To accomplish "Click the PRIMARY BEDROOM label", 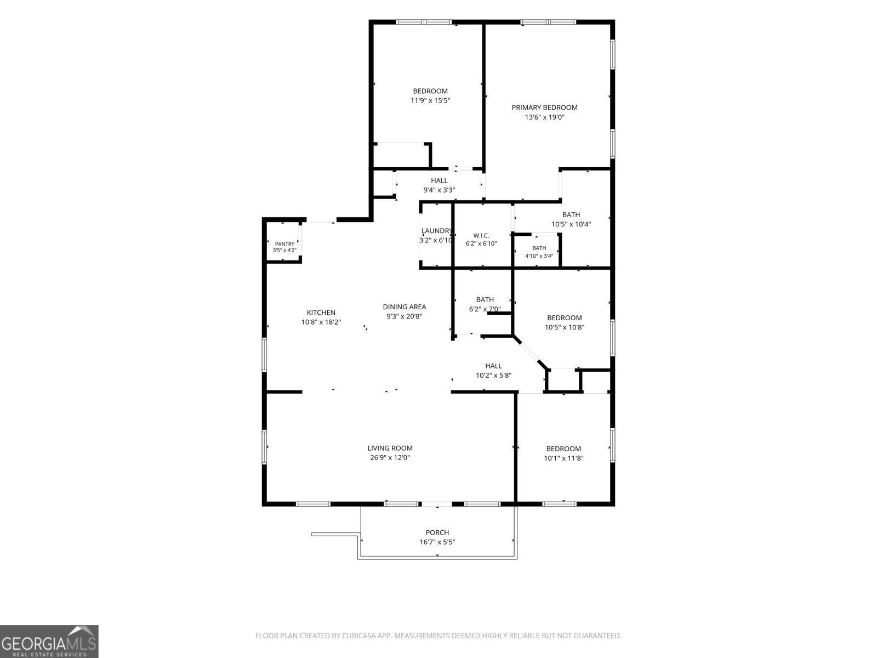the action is coord(544,107).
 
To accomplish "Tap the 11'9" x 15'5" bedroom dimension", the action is coord(430,101).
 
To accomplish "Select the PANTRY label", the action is coord(284,244).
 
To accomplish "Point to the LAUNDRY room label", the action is coord(436,231).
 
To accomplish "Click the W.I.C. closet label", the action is coord(481,236).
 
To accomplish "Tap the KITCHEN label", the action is coord(321,313).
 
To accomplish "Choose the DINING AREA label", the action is coord(405,307).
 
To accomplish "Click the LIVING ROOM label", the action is coord(390,448).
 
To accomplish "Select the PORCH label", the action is coord(437,532).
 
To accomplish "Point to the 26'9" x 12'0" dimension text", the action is coord(390,458).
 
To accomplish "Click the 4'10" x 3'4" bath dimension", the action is coord(539,256).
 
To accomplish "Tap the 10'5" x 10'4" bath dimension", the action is coord(571,224).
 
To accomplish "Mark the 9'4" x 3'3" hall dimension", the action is coord(439,190).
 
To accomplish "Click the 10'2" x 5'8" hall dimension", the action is coord(493,376).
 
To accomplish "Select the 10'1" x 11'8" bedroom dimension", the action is coord(563,458).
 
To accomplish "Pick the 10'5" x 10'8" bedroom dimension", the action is coord(564,327).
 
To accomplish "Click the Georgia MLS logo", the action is coord(49,642).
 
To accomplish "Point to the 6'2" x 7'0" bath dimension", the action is coord(485,309).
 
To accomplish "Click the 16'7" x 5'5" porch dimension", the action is coord(437,542).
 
